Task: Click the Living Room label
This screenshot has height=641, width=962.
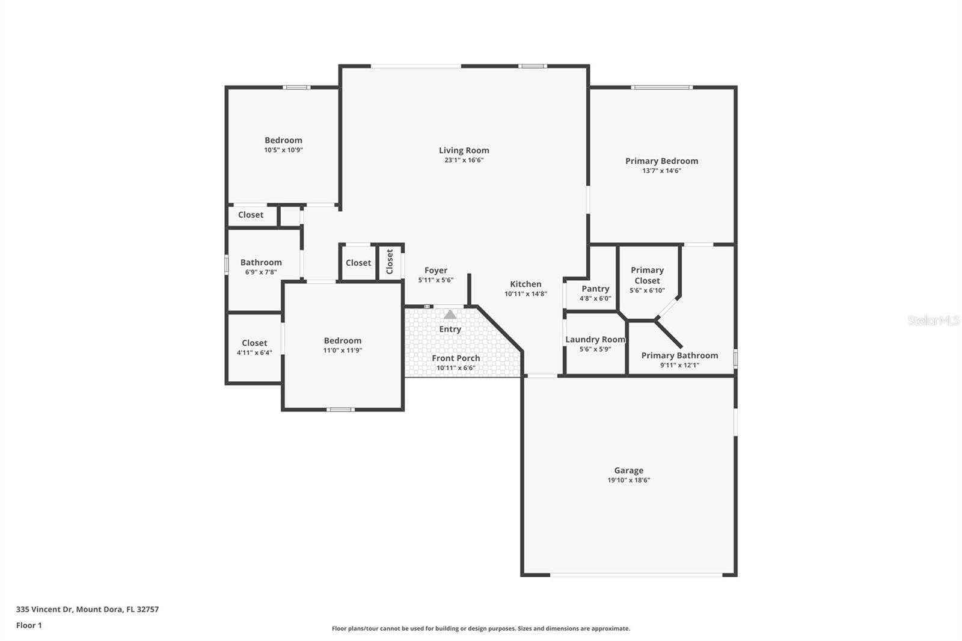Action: click(464, 150)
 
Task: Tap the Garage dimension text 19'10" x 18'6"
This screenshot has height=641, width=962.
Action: click(628, 480)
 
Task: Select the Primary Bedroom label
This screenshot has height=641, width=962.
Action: click(661, 161)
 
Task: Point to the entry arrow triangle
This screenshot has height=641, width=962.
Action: click(450, 314)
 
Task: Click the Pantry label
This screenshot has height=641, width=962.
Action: click(595, 289)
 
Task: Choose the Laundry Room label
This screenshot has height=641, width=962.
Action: click(595, 339)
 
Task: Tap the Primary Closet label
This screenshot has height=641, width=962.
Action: click(647, 275)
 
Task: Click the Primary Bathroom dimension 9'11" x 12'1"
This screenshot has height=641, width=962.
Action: click(679, 365)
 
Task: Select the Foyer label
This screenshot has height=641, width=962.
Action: click(435, 271)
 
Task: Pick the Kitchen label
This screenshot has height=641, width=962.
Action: click(525, 284)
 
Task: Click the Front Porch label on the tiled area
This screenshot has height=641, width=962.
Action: click(456, 358)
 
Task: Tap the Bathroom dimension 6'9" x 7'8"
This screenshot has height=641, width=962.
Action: click(261, 272)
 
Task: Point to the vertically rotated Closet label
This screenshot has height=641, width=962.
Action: click(390, 262)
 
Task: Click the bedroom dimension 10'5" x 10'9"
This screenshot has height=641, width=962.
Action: click(283, 150)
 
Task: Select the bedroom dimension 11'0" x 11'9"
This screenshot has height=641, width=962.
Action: click(343, 351)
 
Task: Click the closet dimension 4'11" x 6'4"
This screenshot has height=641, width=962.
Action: click(254, 353)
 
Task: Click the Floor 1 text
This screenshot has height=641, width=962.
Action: click(29, 625)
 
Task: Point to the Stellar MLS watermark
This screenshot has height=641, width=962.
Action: click(933, 320)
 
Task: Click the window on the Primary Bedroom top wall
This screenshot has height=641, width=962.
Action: click(661, 88)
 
